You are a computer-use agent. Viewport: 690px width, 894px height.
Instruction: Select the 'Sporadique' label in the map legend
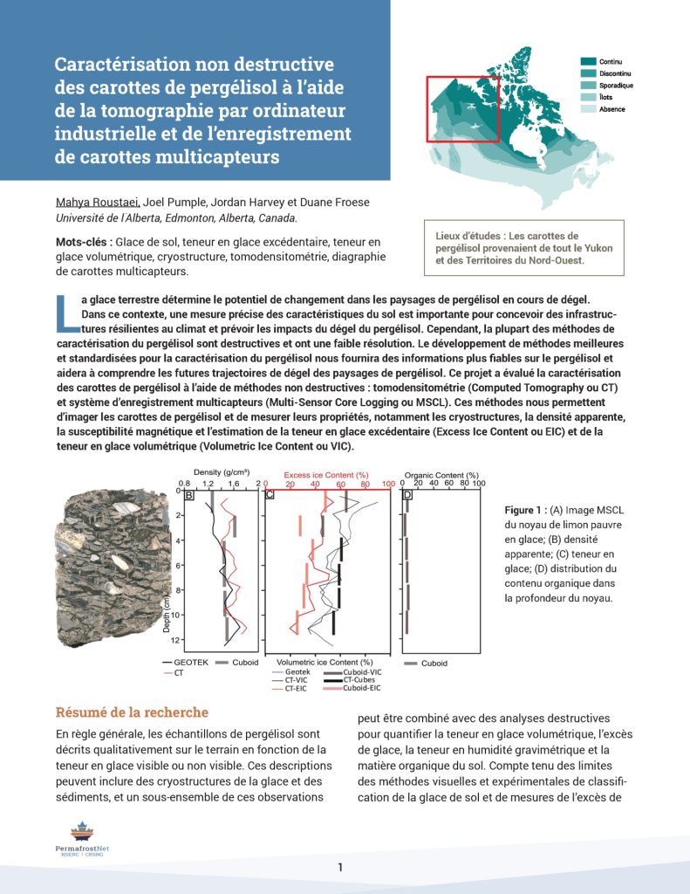616,86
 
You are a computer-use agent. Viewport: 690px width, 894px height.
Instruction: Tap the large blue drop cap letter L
65,313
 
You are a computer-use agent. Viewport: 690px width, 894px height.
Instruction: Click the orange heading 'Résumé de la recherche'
132,712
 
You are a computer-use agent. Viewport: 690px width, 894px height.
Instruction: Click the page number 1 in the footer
340,867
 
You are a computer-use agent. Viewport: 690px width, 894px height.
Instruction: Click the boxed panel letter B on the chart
188,495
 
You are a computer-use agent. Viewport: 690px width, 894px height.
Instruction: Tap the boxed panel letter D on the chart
407,495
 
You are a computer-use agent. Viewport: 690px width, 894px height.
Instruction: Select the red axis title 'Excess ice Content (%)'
326,475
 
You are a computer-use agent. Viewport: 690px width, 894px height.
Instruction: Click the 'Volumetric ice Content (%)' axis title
324,663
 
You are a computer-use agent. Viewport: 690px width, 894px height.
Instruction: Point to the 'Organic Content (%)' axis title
441,475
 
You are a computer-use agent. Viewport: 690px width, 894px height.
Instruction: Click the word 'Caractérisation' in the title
121,65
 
